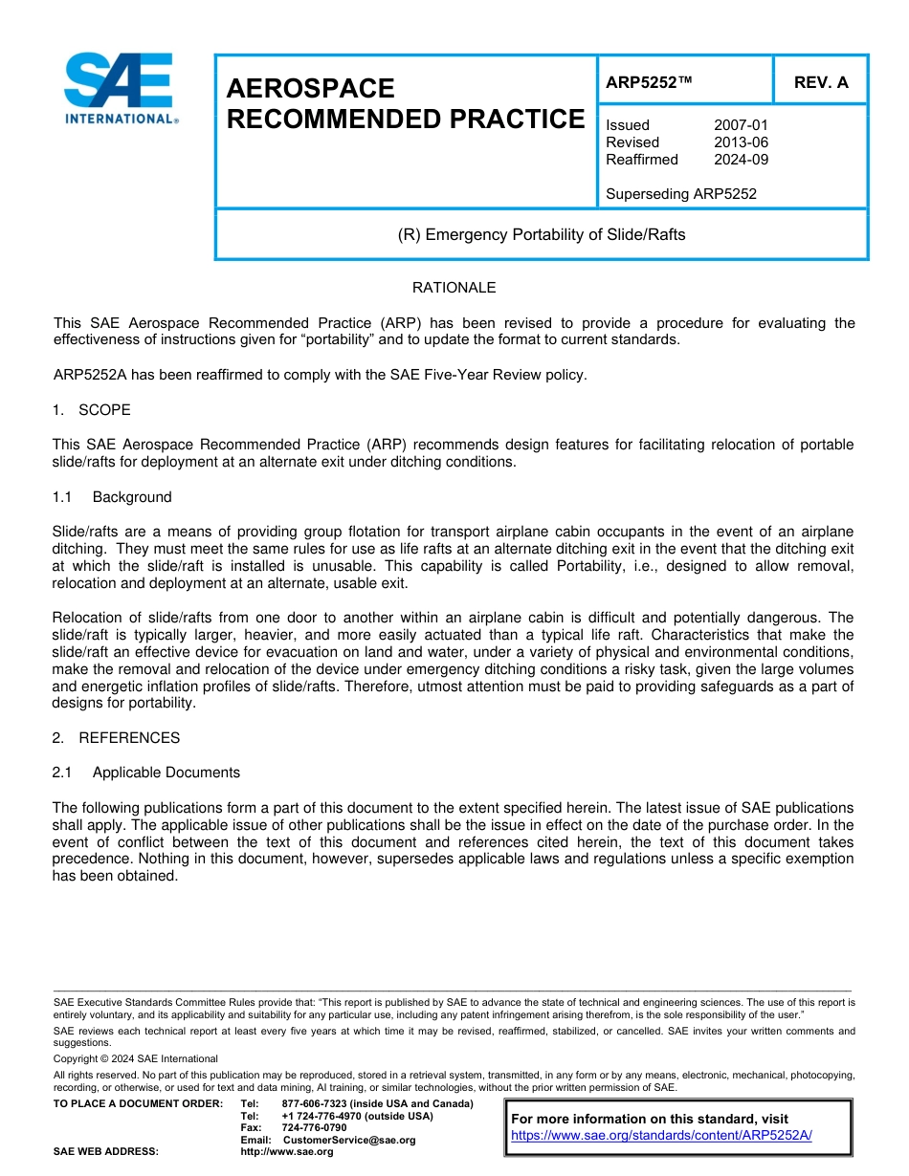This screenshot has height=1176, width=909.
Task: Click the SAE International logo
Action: (x=120, y=88)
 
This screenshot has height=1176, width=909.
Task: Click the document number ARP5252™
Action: (x=649, y=82)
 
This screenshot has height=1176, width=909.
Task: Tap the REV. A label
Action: (x=821, y=82)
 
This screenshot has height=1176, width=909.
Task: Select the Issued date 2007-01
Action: (x=741, y=125)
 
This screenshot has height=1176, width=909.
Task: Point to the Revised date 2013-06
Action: (x=741, y=142)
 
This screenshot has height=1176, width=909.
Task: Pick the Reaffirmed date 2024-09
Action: (x=741, y=160)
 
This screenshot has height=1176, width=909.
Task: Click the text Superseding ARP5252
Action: (x=681, y=194)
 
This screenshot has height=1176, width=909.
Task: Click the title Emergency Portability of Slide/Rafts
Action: (x=542, y=234)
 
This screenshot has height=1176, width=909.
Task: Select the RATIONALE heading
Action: (x=454, y=288)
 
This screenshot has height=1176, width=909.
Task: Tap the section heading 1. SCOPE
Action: (x=92, y=410)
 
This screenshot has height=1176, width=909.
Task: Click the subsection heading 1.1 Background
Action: (x=112, y=497)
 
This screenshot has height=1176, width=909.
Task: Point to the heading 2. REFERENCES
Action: (x=116, y=738)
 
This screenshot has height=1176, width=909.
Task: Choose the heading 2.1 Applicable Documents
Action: (x=146, y=773)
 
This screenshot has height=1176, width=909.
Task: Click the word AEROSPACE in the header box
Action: (x=310, y=89)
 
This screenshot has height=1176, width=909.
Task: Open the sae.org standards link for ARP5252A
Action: (x=661, y=1135)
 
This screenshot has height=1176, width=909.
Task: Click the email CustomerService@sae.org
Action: (x=349, y=1140)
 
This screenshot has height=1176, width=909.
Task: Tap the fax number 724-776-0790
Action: (x=314, y=1128)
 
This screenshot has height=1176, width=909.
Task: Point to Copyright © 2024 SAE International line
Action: (x=136, y=1059)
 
